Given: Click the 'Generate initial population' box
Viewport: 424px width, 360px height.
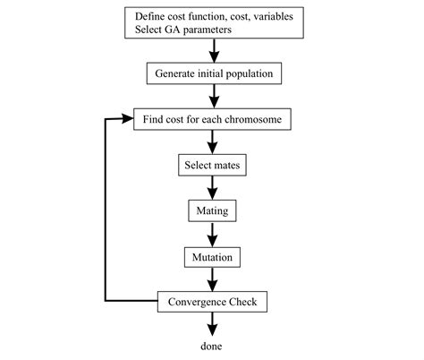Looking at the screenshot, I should pyautogui.click(x=212, y=72).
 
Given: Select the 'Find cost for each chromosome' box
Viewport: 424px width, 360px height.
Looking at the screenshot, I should pyautogui.click(x=212, y=119).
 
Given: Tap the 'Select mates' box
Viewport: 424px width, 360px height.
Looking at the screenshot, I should pyautogui.click(x=212, y=166).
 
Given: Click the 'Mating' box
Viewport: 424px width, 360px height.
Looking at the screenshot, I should pyautogui.click(x=212, y=211).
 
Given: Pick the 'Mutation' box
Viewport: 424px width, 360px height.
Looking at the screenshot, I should pyautogui.click(x=212, y=257).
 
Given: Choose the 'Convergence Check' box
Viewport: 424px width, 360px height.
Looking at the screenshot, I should pyautogui.click(x=212, y=302).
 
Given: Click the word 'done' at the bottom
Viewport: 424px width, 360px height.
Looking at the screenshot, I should pyautogui.click(x=212, y=345).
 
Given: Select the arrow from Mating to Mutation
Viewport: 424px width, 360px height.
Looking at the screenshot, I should pyautogui.click(x=212, y=235).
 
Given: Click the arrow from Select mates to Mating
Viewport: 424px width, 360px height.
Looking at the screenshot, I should pyautogui.click(x=212, y=189).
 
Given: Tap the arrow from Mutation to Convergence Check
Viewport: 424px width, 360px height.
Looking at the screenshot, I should pyautogui.click(x=212, y=279).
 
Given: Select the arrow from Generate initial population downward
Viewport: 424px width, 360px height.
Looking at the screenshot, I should pyautogui.click(x=212, y=95).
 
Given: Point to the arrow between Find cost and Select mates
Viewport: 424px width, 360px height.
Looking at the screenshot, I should pyautogui.click(x=212, y=142).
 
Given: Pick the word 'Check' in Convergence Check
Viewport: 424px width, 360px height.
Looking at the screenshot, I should pyautogui.click(x=241, y=302).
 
